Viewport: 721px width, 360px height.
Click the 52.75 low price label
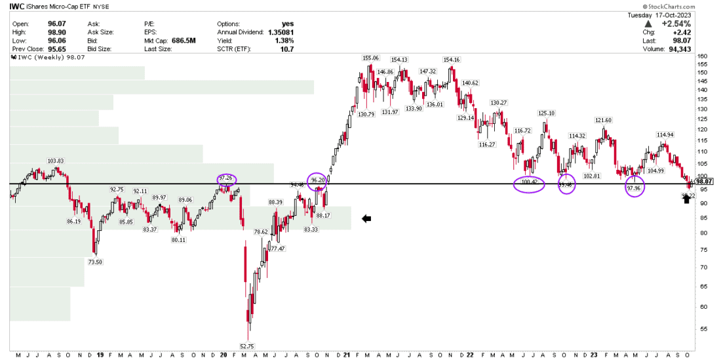(x=247, y=346)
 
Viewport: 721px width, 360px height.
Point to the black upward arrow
(x=687, y=199)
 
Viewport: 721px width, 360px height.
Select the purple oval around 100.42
(x=528, y=185)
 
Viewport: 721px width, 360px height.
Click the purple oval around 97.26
(x=225, y=178)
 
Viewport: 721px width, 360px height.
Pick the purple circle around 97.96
(x=634, y=186)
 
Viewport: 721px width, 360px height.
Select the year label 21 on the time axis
(x=347, y=355)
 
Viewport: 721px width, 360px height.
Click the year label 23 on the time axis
(x=593, y=355)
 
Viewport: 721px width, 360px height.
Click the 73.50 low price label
(x=95, y=262)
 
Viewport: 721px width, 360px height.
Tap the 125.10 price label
(x=546, y=113)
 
